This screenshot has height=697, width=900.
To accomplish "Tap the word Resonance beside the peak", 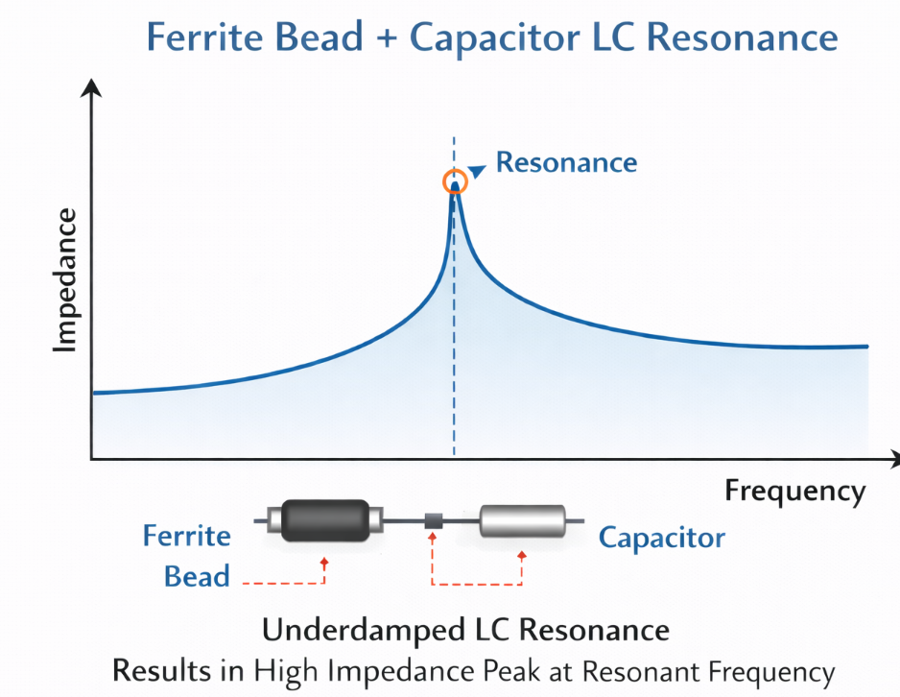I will pos(566,162).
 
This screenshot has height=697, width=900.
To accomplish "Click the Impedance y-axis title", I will pos(65,279).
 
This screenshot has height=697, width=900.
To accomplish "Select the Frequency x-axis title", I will pos(794,492).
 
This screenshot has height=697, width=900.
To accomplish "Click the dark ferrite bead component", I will pos(327,521).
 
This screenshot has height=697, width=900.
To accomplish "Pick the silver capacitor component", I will pos(522,521).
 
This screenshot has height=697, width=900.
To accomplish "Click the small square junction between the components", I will pos(434,521).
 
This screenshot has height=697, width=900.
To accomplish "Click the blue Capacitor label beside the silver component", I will pos(662,537).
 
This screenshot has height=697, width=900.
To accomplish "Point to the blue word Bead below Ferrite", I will pos(197,576).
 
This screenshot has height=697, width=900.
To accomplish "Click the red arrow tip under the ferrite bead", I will pos(324,559).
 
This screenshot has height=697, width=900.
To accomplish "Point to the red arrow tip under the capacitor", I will pos(522,555).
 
